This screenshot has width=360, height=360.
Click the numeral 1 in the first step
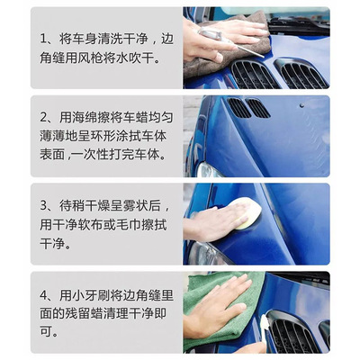point(43,39)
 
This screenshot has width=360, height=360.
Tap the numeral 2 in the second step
point(43,117)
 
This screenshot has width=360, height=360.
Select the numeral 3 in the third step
point(43,206)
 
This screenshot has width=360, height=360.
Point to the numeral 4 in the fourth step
point(44,295)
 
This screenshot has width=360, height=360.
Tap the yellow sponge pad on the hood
point(246,213)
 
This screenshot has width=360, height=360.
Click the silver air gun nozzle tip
point(262,56)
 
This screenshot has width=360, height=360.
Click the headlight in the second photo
point(208,170)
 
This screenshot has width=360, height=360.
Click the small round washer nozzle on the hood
point(301,105)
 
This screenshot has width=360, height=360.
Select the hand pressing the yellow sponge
point(214,222)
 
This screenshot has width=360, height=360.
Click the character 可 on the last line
point(46,331)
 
